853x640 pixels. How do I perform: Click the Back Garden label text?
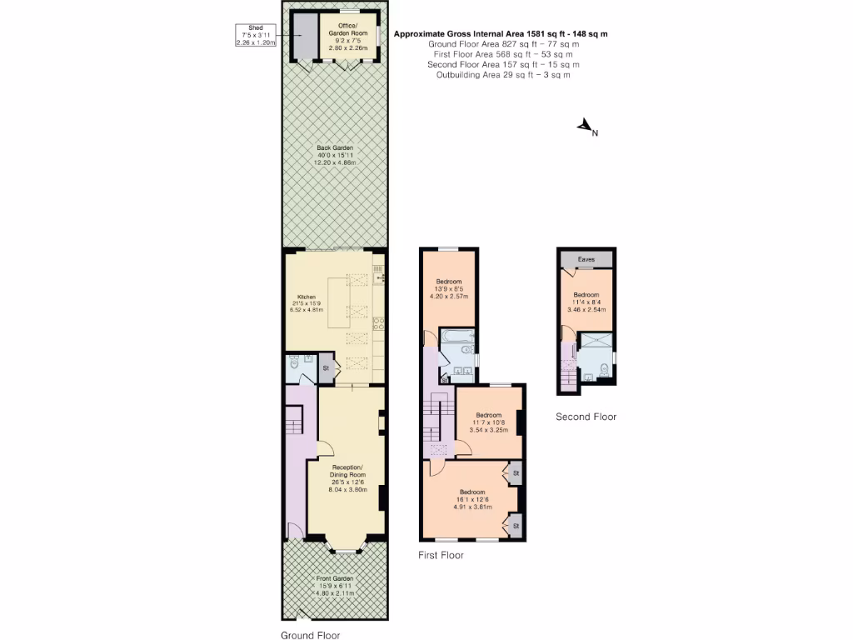334,155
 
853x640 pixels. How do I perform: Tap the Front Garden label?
335,586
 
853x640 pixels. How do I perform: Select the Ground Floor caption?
310,634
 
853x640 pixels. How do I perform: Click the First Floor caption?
441,555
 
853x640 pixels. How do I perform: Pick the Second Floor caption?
586,417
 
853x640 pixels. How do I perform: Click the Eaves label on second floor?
586,259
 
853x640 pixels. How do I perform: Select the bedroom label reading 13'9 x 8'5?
449,288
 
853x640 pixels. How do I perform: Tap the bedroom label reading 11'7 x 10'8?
489,422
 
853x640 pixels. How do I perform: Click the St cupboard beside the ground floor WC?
326,367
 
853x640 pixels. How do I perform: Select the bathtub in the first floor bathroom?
456,337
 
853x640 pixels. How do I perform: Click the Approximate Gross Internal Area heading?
500,34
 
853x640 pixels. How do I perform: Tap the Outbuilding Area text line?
503,75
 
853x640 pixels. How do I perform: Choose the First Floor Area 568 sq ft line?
503,54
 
